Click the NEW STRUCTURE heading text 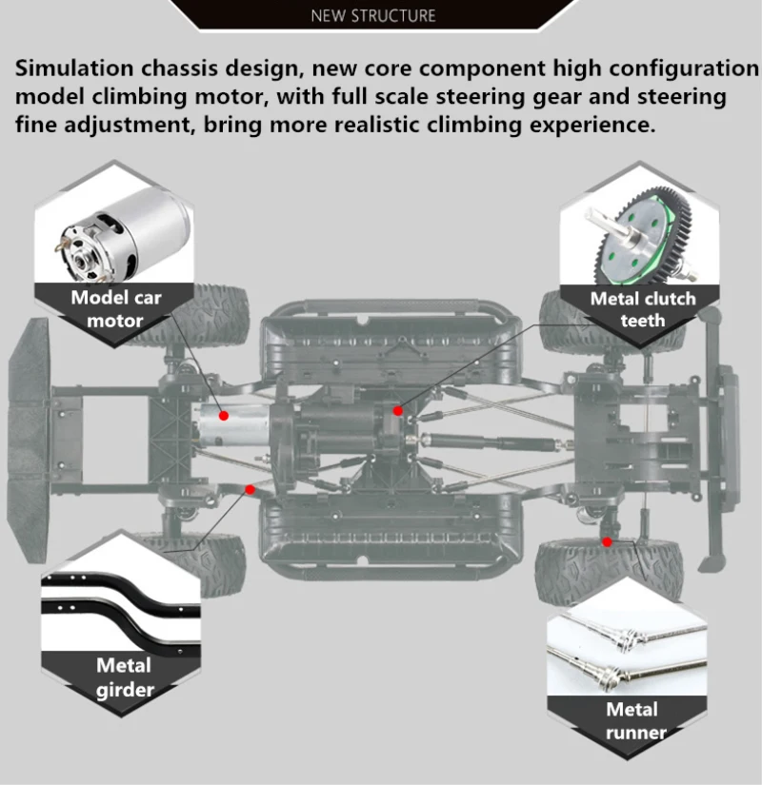(x=373, y=15)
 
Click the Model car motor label (x=115, y=308)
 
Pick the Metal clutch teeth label (x=643, y=308)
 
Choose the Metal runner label (x=632, y=720)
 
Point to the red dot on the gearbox (x=398, y=410)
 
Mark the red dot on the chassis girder (x=250, y=489)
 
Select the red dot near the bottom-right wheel (x=607, y=540)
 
